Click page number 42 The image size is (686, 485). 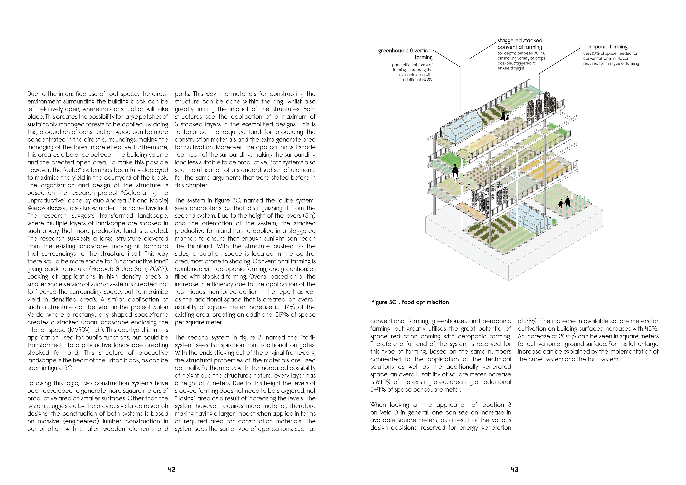[171, 469]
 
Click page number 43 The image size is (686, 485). [514, 469]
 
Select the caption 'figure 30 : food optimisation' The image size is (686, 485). [410, 302]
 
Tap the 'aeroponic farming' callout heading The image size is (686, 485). [605, 47]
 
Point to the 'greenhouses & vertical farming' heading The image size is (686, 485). [406, 54]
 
